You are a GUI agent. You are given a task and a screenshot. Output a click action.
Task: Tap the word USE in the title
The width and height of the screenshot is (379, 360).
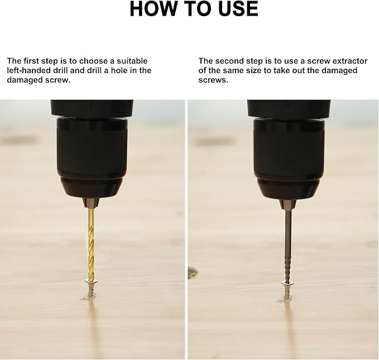pyautogui.click(x=238, y=9)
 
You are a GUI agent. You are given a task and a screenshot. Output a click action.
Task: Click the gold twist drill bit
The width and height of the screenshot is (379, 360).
pyautogui.click(x=91, y=244)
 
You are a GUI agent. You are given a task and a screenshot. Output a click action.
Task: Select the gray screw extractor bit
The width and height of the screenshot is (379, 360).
pyautogui.click(x=287, y=246)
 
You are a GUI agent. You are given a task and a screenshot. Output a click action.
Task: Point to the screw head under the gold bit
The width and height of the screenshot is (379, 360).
pyautogui.click(x=92, y=282)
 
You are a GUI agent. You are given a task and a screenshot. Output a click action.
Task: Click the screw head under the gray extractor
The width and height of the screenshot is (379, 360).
pyautogui.click(x=287, y=283)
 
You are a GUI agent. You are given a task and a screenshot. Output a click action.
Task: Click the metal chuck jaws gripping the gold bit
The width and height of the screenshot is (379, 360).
pyautogui.click(x=91, y=203)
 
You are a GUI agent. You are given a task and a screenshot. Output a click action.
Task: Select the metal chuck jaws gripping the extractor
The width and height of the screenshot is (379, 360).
pyautogui.click(x=288, y=204)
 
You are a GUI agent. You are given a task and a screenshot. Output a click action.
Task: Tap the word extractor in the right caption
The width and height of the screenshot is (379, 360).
pyautogui.click(x=350, y=61)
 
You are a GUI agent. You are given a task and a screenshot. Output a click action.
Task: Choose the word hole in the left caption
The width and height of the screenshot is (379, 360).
pyautogui.click(x=119, y=70)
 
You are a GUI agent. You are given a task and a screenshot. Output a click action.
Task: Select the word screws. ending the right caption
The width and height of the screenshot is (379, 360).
pyautogui.click(x=213, y=80)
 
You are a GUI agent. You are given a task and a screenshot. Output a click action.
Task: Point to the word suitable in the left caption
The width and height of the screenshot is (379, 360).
pyautogui.click(x=132, y=61)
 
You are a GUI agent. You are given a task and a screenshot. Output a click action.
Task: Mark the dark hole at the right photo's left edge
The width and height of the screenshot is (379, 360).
pyautogui.click(x=192, y=273)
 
